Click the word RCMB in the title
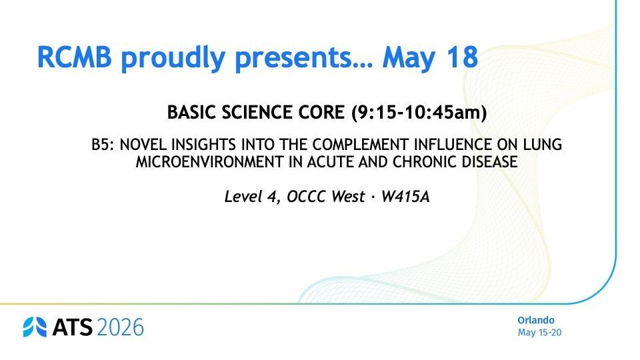(x=74, y=57)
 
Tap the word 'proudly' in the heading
(x=173, y=58)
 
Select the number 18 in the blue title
(x=462, y=57)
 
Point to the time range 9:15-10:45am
(x=419, y=112)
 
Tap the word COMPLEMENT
(x=361, y=145)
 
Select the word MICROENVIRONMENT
(x=209, y=162)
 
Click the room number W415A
(x=405, y=197)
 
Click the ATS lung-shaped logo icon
(x=35, y=327)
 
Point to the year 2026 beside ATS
(x=121, y=327)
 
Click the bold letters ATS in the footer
(x=73, y=327)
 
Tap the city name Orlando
(x=536, y=321)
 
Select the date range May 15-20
(x=539, y=332)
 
